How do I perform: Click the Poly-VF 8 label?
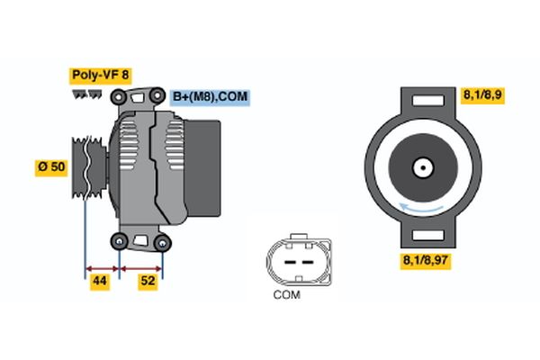tap(100, 76)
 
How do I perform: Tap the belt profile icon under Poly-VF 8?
tap(86, 93)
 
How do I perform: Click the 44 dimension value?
tap(101, 283)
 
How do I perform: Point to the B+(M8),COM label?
tap(210, 96)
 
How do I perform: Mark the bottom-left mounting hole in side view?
tap(119, 239)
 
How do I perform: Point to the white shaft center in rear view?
tap(421, 167)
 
